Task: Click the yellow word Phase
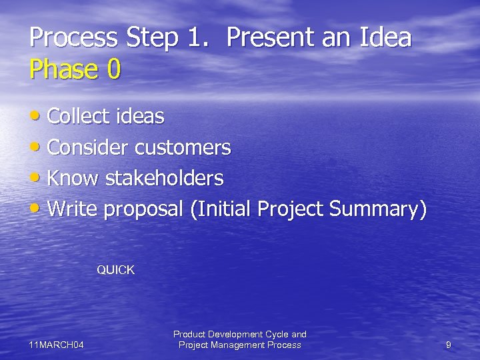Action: pyautogui.click(x=61, y=69)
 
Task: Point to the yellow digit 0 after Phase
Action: pyautogui.click(x=113, y=69)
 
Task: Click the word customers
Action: pyautogui.click(x=183, y=147)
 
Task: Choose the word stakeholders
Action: pyautogui.click(x=165, y=178)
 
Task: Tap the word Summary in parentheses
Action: pyautogui.click(x=378, y=209)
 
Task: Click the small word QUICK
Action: pyautogui.click(x=115, y=270)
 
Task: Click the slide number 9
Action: pyautogui.click(x=448, y=345)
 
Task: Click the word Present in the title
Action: pyautogui.click(x=262, y=37)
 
